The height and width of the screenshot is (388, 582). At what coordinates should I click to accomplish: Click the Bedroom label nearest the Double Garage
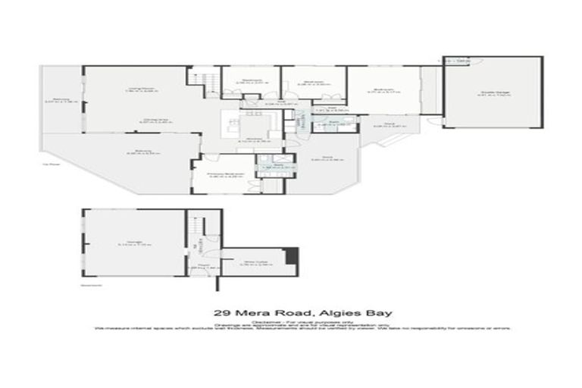coord(383,91)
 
